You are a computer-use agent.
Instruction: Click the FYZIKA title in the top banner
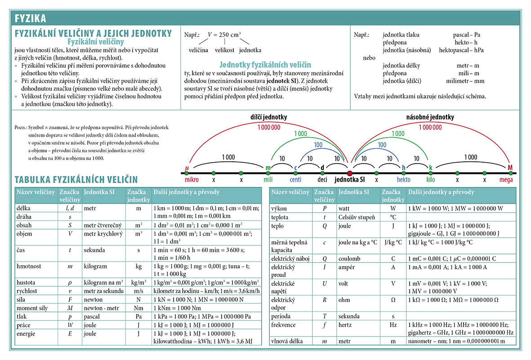[30, 18]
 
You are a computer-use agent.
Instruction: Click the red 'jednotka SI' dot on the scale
[349, 173]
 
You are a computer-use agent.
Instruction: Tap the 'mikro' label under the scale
[192, 180]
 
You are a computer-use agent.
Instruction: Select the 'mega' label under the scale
[506, 180]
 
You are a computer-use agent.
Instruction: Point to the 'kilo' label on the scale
[430, 179]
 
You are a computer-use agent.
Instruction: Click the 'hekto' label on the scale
[403, 179]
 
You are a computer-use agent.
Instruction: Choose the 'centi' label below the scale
[295, 179]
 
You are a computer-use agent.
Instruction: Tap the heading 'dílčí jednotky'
[268, 117]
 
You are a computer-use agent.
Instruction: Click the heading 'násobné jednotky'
[430, 117]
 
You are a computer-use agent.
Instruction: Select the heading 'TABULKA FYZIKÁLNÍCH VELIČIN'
[76, 179]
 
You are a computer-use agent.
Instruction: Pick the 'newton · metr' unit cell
[101, 308]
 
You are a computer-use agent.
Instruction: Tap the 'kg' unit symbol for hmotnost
[138, 267]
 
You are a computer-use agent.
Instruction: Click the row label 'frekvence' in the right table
[283, 325]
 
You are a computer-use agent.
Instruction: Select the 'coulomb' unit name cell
[349, 259]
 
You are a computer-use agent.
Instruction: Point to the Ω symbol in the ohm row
[393, 300]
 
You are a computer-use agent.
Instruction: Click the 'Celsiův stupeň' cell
[357, 218]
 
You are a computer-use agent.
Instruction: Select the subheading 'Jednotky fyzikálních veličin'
[265, 65]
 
